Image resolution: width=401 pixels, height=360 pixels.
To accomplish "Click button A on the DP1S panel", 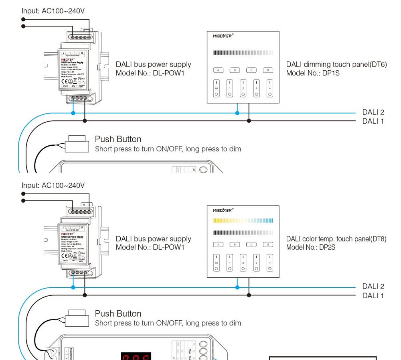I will (x=218, y=70).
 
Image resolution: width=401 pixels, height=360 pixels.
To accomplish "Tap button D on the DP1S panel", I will (x=268, y=70).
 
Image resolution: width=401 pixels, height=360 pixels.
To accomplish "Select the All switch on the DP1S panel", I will (x=217, y=88).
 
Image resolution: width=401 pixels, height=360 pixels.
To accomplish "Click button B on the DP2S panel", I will (x=235, y=244).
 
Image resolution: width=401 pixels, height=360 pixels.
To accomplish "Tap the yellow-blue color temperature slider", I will (x=243, y=220).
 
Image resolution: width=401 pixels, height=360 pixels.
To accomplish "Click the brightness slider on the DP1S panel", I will (x=243, y=53).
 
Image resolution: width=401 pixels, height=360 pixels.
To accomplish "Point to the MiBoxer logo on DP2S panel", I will (x=223, y=210).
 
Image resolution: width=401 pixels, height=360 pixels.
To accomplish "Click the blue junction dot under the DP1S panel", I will (x=237, y=113).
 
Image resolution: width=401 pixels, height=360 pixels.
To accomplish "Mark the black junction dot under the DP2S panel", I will (x=249, y=295).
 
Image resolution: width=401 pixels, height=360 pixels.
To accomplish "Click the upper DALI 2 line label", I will (x=373, y=112).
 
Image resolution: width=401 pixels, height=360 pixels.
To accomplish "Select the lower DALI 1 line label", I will (x=373, y=296).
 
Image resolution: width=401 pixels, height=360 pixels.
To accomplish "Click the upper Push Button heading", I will (x=118, y=139).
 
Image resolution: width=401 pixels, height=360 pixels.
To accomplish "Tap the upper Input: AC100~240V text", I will (x=53, y=11).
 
